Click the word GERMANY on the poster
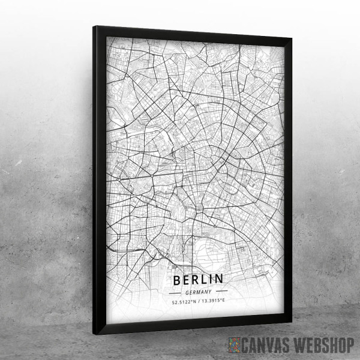(199, 291)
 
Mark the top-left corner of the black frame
(95, 27)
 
